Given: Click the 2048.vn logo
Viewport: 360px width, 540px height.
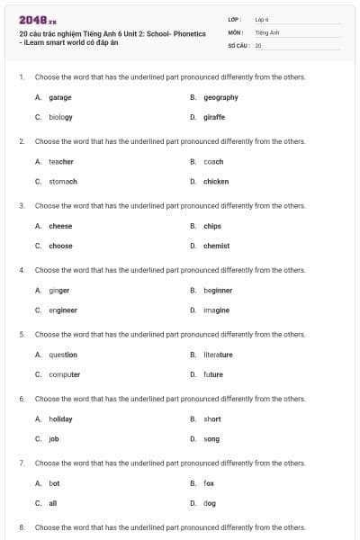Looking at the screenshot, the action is pos(37,20).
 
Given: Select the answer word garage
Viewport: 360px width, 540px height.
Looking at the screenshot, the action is pos(60,97).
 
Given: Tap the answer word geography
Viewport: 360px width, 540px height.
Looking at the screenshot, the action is pos(220,97).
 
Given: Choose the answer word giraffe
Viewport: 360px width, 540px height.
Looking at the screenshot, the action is pos(214,117).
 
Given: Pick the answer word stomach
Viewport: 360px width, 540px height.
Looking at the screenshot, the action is pos(63,182).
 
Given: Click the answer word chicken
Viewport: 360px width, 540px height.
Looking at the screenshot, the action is pos(216,182).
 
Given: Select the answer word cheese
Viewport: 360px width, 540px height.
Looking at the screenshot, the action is pos(60,226).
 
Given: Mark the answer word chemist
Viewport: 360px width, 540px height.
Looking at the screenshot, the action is pos(216,246).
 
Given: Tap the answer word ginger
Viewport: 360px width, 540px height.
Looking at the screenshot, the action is pos(58,291).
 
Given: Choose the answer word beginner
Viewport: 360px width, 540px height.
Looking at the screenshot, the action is pos(218,291).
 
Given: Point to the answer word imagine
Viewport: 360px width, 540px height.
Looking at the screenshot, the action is pos(216,310).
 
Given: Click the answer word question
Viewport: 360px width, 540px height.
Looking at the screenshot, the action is pos(63,355).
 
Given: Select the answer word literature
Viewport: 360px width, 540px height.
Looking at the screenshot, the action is pos(218,355).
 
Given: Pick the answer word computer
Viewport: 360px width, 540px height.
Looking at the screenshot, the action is pos(65,374).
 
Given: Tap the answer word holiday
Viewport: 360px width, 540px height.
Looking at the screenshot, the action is pos(60,419).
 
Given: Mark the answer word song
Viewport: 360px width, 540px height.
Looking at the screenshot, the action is pos(211,439).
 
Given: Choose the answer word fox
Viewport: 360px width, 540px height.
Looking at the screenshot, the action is pos(209,483).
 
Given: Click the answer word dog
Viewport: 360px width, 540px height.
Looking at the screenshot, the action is pos(210,503).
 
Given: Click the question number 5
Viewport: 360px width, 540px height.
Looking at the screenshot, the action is pos(22,335).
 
